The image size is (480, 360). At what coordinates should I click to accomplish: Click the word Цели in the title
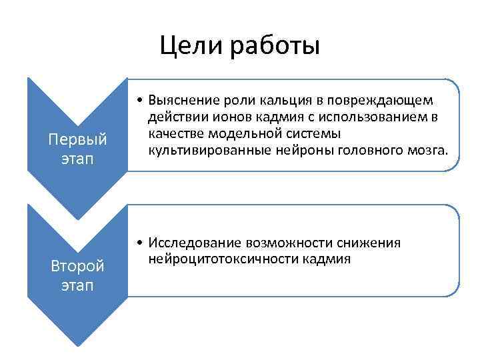coord(191,46)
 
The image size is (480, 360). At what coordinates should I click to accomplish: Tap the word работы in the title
coord(275,47)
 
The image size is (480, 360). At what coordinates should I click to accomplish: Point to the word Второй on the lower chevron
coord(78,266)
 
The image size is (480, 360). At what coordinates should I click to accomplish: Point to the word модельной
coord(236,133)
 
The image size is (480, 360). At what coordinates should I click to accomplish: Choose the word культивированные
coord(208,150)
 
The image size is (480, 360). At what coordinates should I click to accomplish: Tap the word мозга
coord(423,150)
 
